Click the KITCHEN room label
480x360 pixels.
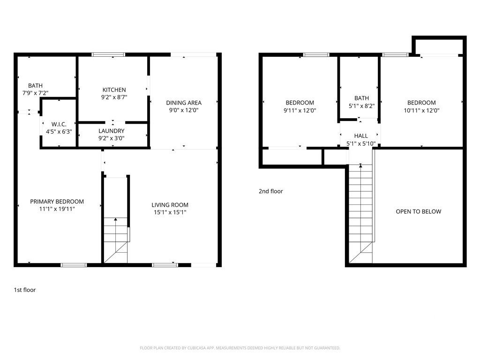(x=114, y=90)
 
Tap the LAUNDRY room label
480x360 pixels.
(x=112, y=131)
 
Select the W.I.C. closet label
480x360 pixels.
(x=59, y=124)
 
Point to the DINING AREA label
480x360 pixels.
(x=184, y=103)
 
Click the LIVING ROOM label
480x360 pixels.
(x=170, y=205)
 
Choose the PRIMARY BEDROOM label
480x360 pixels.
(x=57, y=202)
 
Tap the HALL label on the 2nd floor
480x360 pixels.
(x=361, y=136)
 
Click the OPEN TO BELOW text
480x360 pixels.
(x=419, y=211)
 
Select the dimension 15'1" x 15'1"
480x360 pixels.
(x=170, y=212)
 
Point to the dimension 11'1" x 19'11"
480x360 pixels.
(x=57, y=209)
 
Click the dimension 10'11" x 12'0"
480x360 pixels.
(x=421, y=111)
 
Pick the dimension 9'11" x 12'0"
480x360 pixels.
(x=300, y=111)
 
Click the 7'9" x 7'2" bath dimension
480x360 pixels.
(x=35, y=93)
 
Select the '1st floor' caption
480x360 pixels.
(x=25, y=290)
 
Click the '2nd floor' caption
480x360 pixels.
(x=271, y=191)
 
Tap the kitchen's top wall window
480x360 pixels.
(x=108, y=55)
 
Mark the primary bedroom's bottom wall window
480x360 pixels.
(x=74, y=265)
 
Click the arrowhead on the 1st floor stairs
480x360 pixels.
(x=115, y=219)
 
